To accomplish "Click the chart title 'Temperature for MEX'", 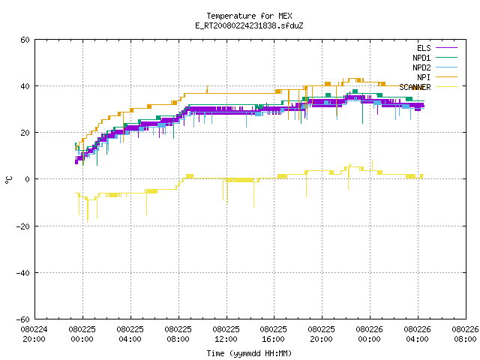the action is tap(249, 16).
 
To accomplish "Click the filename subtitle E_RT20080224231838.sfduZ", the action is tap(249, 25).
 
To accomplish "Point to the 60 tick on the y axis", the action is tap(25, 40).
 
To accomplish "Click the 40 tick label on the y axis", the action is tap(25, 86).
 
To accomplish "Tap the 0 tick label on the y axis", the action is tap(28, 179).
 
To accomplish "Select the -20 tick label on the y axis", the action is tap(23, 226).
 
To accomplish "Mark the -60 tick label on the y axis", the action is tap(23, 319).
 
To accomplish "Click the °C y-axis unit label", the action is tap(8, 180).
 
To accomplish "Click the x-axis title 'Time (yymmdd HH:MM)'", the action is tap(249, 353).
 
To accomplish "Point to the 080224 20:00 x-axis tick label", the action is tap(34, 334).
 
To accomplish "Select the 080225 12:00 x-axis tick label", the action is tap(226, 334).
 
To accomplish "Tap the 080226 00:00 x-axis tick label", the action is tap(369, 334).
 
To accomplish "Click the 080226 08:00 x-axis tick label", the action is tap(465, 334).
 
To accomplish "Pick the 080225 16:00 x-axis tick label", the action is tap(273, 334).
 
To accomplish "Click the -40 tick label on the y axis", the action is tap(23, 273).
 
